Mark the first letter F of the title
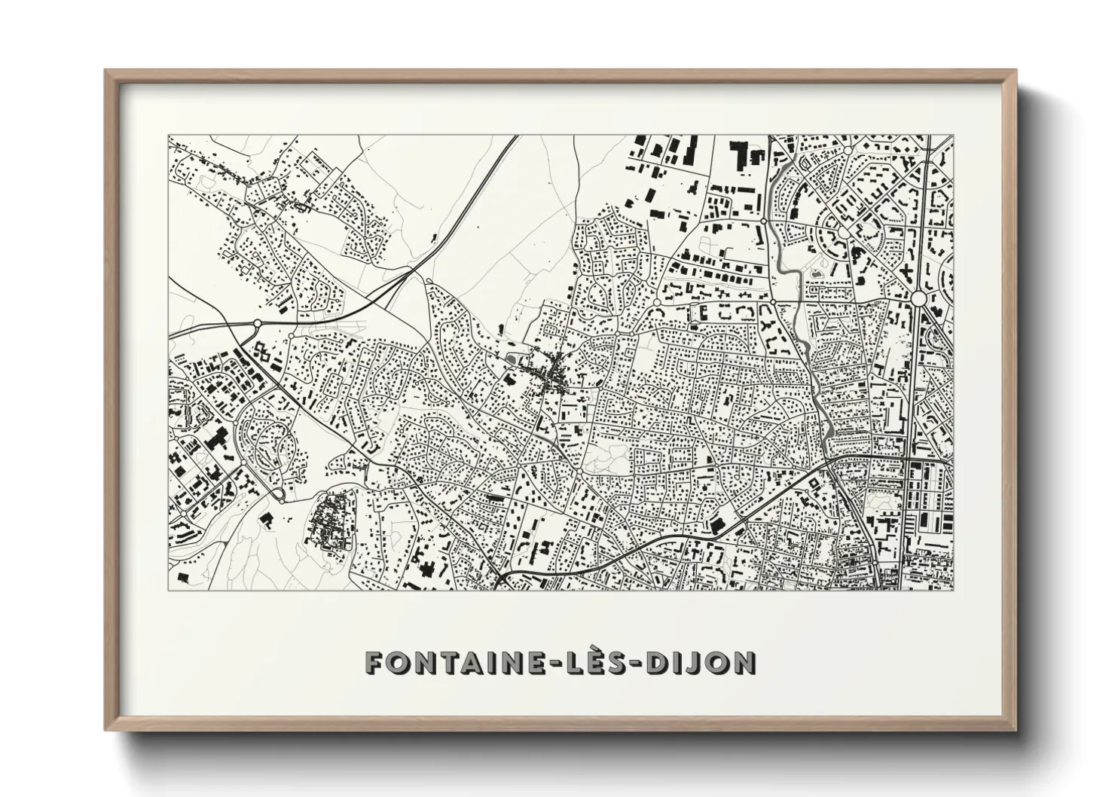click(374, 662)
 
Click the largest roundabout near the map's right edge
click(918, 298)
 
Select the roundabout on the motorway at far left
click(258, 323)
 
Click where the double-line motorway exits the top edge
click(518, 137)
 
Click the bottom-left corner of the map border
click(169, 589)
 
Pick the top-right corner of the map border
click(952, 136)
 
